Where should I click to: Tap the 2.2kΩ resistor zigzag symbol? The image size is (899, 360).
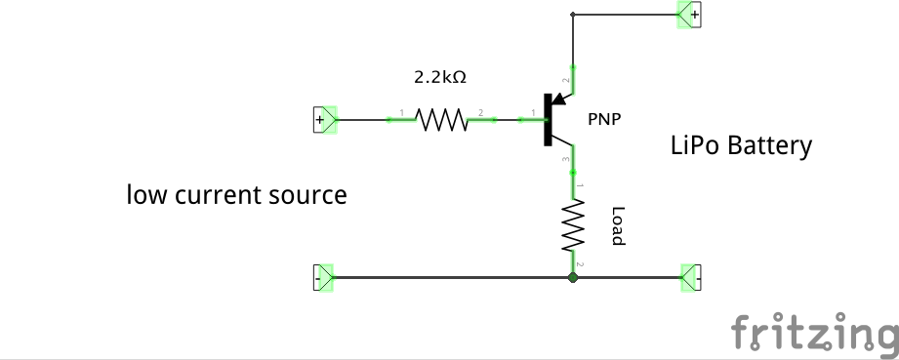pyautogui.click(x=442, y=119)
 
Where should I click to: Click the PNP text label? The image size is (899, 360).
pyautogui.click(x=604, y=119)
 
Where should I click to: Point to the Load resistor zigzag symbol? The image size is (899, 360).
pyautogui.click(x=573, y=225)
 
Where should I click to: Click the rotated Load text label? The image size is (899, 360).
pyautogui.click(x=617, y=225)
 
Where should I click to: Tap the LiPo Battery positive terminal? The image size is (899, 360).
pyautogui.click(x=691, y=15)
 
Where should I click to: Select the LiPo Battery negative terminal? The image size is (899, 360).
pyautogui.click(x=691, y=278)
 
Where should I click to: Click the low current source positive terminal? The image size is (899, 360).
pyautogui.click(x=323, y=120)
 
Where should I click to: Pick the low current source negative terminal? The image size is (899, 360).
pyautogui.click(x=323, y=278)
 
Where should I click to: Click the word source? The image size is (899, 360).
pyautogui.click(x=307, y=196)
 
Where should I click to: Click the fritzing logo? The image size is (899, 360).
pyautogui.click(x=814, y=333)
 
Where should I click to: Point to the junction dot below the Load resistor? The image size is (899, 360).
pyautogui.click(x=573, y=278)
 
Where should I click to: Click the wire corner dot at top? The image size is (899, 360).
pyautogui.click(x=573, y=15)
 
